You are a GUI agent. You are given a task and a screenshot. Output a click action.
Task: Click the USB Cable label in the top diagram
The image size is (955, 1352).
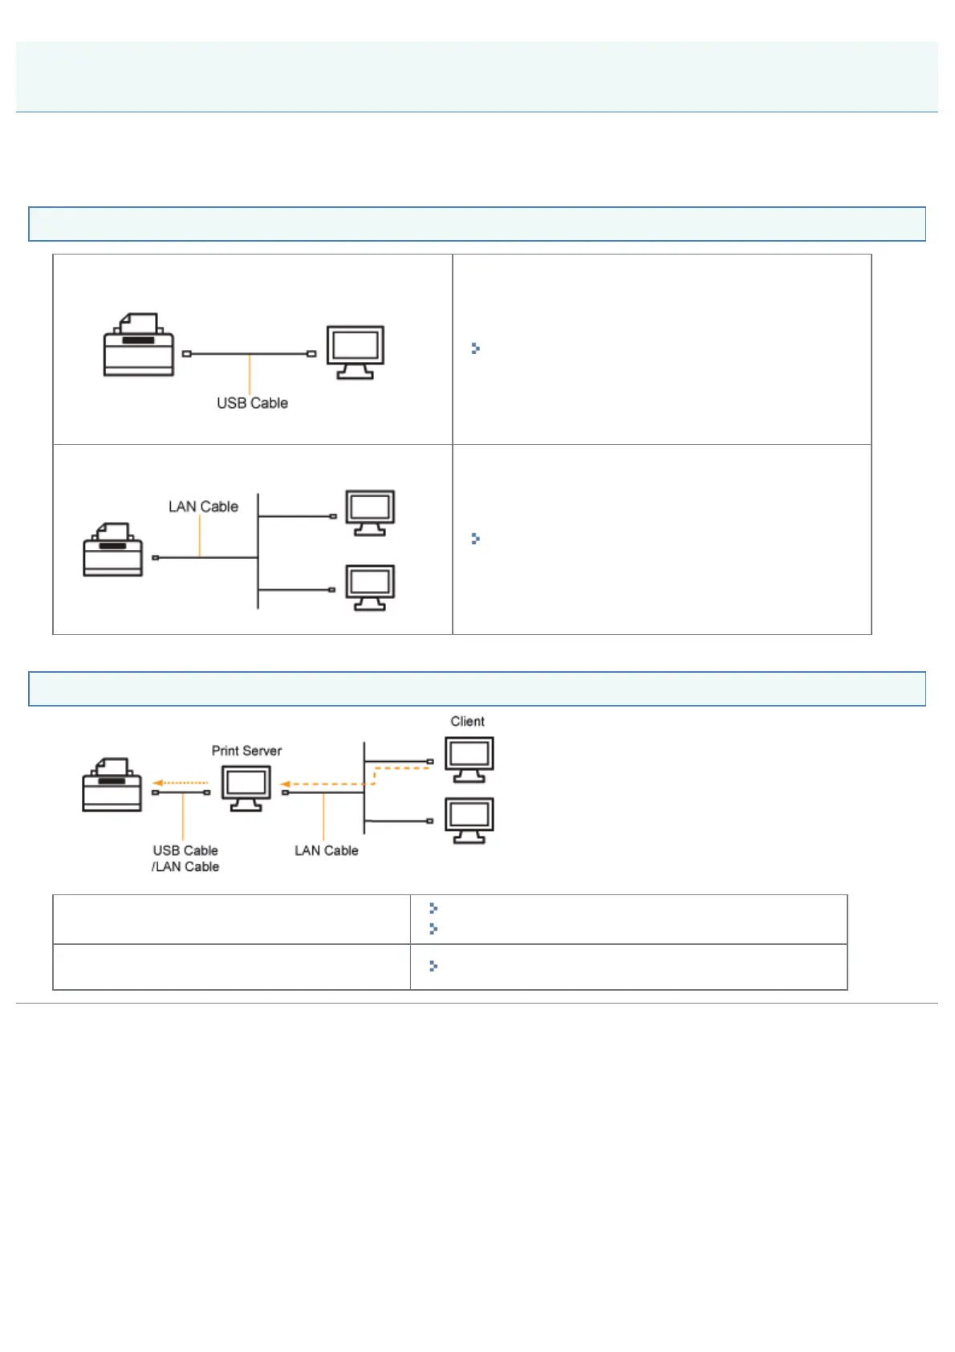click(x=252, y=403)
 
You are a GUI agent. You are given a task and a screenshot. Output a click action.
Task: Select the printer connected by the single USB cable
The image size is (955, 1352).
click(x=139, y=345)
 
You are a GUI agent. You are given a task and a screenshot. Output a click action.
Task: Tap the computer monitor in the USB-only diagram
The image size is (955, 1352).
click(x=356, y=352)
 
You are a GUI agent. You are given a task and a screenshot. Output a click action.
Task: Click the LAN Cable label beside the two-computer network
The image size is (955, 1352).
click(x=203, y=507)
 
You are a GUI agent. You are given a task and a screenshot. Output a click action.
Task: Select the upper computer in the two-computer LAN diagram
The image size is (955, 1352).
click(x=370, y=512)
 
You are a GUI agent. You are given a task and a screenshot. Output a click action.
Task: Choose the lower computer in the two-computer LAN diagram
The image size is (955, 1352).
click(x=370, y=588)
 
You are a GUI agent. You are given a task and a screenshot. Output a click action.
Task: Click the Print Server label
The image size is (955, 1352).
click(x=246, y=751)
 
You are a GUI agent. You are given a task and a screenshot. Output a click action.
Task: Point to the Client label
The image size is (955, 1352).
click(x=467, y=721)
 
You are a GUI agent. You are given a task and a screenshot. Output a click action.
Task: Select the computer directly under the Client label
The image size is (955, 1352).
click(x=469, y=759)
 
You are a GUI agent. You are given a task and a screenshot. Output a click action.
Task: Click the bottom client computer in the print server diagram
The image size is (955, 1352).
click(x=469, y=820)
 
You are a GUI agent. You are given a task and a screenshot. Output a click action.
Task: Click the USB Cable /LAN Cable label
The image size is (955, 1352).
click(x=185, y=858)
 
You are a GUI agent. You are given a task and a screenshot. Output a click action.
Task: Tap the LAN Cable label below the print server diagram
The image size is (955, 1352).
click(x=326, y=850)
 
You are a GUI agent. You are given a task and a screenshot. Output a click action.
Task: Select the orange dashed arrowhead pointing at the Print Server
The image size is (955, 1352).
click(x=284, y=784)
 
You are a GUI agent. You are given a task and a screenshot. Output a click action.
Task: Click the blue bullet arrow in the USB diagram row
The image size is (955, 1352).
click(x=475, y=348)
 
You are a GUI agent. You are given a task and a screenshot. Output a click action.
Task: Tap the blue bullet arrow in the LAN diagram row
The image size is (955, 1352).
click(x=475, y=539)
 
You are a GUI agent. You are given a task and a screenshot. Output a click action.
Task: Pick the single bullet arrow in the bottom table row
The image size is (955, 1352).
click(x=433, y=966)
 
